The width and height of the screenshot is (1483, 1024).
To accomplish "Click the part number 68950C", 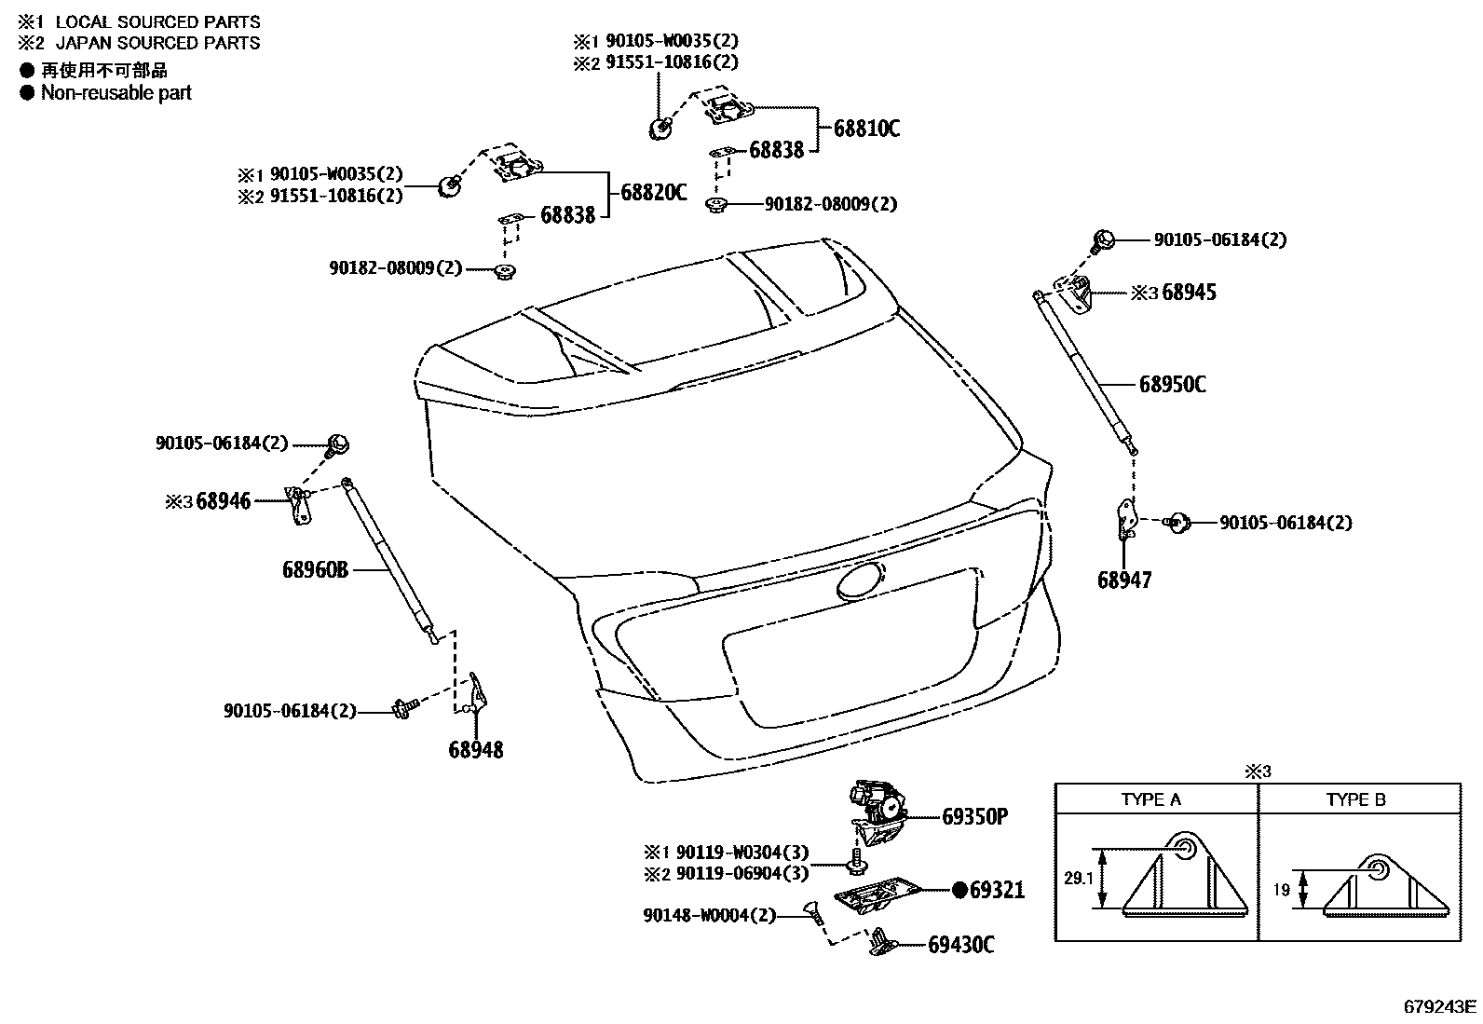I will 1172,384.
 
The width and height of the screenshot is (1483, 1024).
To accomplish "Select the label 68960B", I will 315,568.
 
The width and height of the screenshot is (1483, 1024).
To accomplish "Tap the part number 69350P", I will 974,817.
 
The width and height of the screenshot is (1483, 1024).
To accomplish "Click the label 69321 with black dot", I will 995,890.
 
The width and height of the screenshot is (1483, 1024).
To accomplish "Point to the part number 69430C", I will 960,945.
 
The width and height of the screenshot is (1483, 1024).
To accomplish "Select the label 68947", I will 1124,580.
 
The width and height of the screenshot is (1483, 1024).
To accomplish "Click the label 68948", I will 475,749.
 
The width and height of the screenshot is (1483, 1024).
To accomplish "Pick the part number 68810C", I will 866,129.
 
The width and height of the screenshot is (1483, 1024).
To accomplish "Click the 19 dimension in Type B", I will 1282,890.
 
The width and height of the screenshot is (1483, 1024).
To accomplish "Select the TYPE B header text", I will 1355,799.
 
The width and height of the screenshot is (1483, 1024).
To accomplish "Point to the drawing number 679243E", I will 1440,1006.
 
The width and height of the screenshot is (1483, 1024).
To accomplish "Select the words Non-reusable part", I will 116,92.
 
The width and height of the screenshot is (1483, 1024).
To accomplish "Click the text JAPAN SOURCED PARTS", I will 157,43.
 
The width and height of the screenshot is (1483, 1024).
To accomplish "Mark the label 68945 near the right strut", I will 1189,293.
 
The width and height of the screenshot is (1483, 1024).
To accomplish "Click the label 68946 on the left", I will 224,501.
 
